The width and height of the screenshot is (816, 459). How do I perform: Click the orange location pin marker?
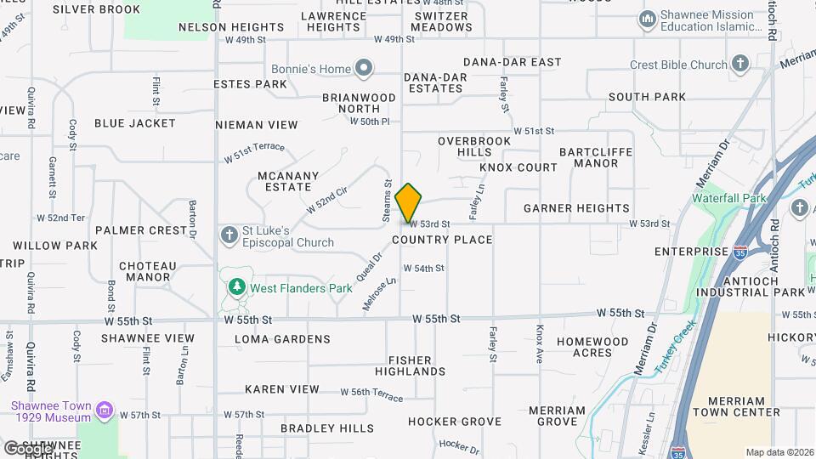pyautogui.click(x=409, y=202)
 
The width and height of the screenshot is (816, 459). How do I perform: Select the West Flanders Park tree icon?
pyautogui.click(x=236, y=288)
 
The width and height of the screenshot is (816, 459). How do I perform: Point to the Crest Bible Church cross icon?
pyautogui.click(x=740, y=65)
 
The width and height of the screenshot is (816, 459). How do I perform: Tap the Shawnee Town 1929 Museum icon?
pyautogui.click(x=105, y=412)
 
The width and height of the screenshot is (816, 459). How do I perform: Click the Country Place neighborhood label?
pyautogui.click(x=442, y=240)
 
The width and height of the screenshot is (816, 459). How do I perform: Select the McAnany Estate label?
pyautogui.click(x=288, y=182)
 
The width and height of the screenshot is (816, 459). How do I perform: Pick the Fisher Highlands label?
pyautogui.click(x=411, y=365)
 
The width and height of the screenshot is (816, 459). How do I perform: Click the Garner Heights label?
pyautogui.click(x=576, y=208)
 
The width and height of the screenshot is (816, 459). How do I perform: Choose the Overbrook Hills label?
pyautogui.click(x=474, y=146)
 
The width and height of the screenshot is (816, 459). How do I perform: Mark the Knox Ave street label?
pyautogui.click(x=540, y=344)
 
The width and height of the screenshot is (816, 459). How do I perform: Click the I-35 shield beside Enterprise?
pyautogui.click(x=741, y=252)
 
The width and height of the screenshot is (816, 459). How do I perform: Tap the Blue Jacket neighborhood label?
pyautogui.click(x=135, y=123)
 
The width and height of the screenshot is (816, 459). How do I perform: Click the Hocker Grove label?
pyautogui.click(x=454, y=422)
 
